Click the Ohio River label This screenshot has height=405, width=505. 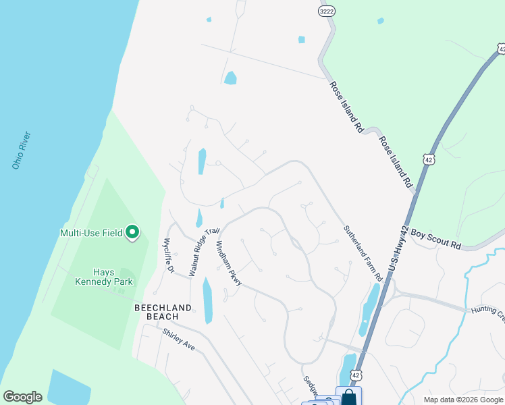(21, 149)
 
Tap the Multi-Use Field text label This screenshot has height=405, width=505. (90, 233)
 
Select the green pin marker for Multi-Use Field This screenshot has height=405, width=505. (132, 233)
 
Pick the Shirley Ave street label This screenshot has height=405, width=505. (178, 339)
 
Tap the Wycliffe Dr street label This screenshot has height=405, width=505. (168, 256)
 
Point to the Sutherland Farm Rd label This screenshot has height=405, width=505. (363, 253)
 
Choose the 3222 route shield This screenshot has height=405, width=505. (327, 11)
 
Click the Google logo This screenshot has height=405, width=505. (22, 397)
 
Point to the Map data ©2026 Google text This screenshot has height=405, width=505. (462, 400)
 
